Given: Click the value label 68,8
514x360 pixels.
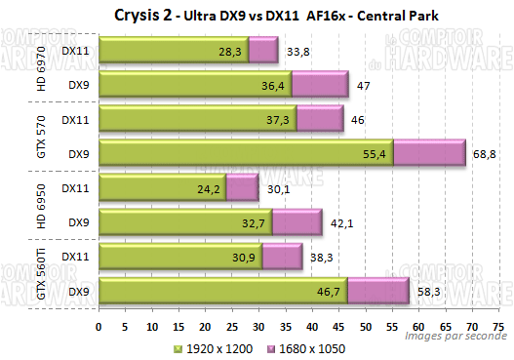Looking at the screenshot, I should pyautogui.click(x=480, y=154).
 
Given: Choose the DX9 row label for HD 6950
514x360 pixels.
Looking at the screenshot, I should pyautogui.click(x=79, y=222).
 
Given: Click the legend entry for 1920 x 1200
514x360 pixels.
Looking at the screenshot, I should pyautogui.click(x=212, y=347).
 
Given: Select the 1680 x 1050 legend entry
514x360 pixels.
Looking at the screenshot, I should pyautogui.click(x=304, y=347).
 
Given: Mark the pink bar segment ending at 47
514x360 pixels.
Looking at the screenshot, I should pyautogui.click(x=320, y=86).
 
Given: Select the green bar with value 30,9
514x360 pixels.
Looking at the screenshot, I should pyautogui.click(x=180, y=256).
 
